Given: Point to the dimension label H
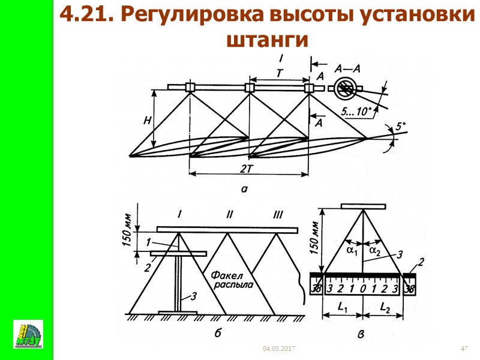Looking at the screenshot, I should click(x=146, y=121).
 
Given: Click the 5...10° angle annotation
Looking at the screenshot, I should click(x=356, y=111).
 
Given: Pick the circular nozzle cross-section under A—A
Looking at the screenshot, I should click(x=346, y=88).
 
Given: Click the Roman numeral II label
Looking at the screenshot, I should click(x=229, y=214).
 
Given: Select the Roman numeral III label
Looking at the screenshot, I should click(x=277, y=214).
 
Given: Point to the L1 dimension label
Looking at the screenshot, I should click(x=343, y=307).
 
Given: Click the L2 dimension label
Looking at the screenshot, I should click(x=386, y=307).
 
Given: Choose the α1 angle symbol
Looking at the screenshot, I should click(x=352, y=249).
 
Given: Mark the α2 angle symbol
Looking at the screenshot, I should click(x=375, y=249).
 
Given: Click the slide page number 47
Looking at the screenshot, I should click(x=463, y=349).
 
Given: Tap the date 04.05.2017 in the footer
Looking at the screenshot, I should click(x=279, y=349).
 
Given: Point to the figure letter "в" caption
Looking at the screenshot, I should click(x=361, y=336).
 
